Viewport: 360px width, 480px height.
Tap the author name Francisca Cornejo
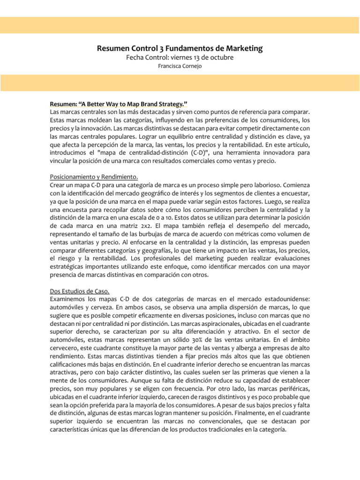point(180,66)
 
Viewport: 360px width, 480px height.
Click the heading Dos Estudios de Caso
point(79,291)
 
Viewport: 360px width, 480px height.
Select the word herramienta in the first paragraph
point(251,154)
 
